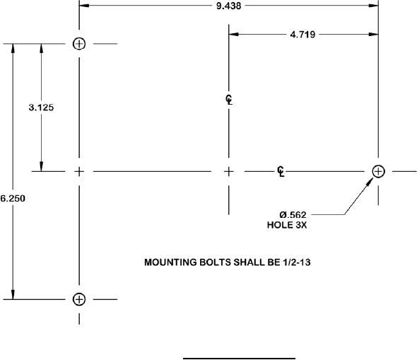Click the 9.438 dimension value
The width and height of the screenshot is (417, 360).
coord(229,6)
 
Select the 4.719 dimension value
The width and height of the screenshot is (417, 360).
coord(303,35)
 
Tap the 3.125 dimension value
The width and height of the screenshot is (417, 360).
coord(41,108)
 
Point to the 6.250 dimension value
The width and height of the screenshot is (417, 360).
coord(13,199)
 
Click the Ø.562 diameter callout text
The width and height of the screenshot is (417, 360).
coord(293,214)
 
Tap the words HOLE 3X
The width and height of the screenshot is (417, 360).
coord(287,225)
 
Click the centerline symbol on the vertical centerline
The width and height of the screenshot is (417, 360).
coord(229,100)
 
